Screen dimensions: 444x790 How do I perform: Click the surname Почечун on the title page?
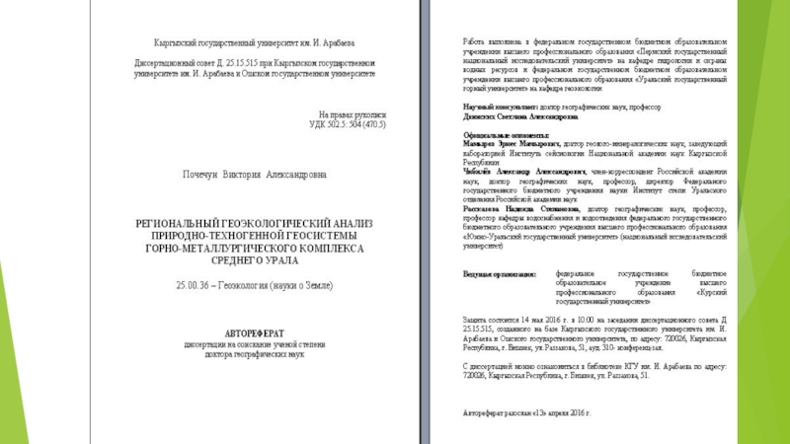[x=203, y=175]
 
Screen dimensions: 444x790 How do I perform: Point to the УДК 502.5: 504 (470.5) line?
[x=341, y=125]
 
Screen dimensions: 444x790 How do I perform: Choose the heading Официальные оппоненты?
[x=504, y=134]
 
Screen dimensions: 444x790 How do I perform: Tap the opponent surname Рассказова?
[x=484, y=209]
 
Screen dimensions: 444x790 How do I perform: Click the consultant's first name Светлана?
[x=526, y=115]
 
